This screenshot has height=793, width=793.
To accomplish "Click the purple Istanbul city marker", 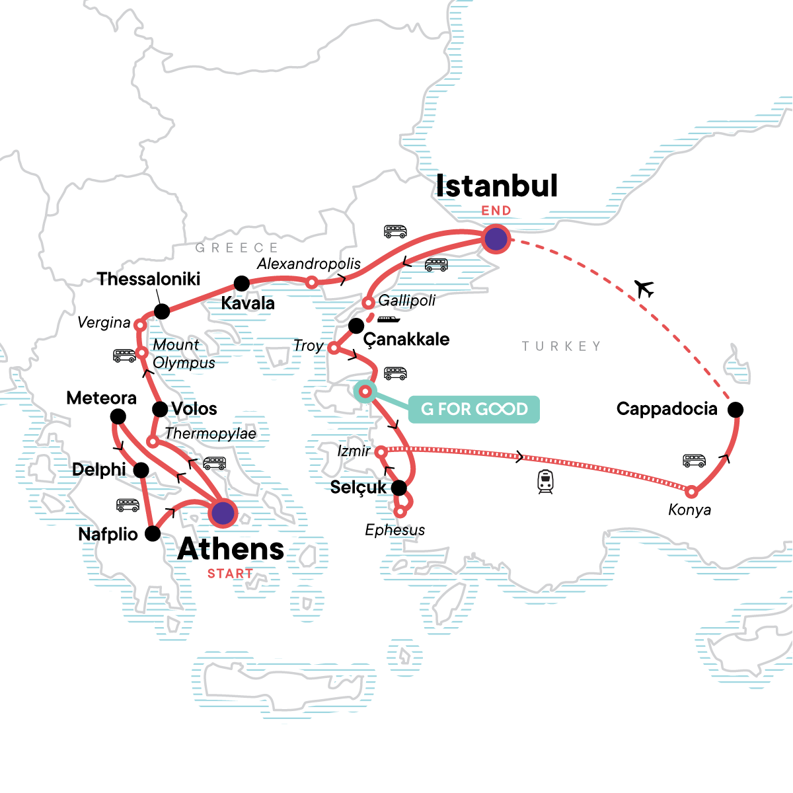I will pos(496,239).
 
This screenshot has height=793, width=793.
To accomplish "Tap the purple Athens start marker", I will pos(223,513).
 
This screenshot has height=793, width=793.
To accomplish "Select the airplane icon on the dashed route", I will pos(644,288).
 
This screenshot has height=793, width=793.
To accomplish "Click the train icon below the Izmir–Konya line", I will pos(545,481).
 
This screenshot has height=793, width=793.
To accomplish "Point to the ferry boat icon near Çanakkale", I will pos(389,319).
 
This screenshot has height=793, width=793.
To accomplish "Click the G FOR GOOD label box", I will pos(474,409).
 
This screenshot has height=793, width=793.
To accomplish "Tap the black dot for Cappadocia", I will pos(735,410).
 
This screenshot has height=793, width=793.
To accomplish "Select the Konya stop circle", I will pos(691,492).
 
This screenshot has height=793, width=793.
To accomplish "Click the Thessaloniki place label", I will pos(149,279).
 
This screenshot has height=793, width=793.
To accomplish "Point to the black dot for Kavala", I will pos(242,283).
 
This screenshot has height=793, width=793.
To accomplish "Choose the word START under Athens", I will pos(230,574).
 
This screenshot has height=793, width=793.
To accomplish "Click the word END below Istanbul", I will pos(496,211).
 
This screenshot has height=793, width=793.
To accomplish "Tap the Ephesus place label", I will pos(395,530).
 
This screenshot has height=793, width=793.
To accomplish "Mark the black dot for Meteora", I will pos(118,416).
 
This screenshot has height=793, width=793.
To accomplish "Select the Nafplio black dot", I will pos(153,533).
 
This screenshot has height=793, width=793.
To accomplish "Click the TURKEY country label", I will pos(561,346).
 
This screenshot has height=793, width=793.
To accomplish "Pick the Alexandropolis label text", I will pos(309,264).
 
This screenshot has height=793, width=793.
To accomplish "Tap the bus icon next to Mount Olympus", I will pos(124,356).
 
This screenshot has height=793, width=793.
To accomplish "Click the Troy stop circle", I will pos(334,348).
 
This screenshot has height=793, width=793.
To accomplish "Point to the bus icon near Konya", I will pos(694,460).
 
